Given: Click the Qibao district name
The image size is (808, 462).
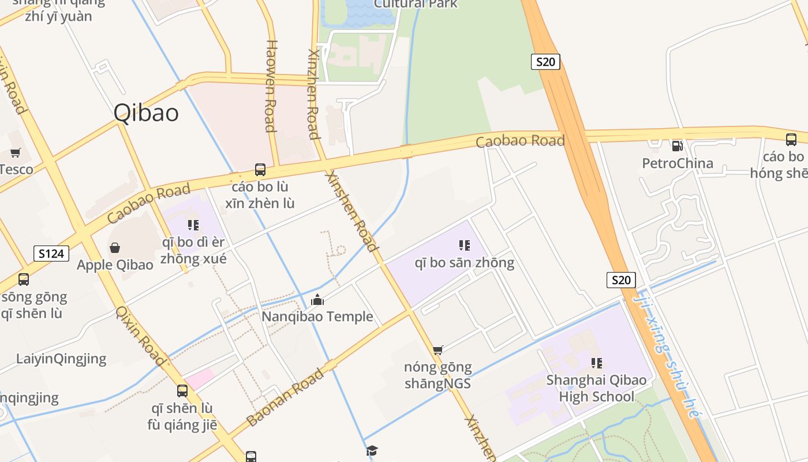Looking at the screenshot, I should (146, 113).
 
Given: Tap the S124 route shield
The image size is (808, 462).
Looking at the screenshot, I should (51, 254).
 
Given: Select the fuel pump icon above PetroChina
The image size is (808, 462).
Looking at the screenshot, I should (677, 146).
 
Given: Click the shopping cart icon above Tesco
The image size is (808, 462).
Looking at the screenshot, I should (16, 153).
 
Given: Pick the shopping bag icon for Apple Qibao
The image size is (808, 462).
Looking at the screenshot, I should (115, 248).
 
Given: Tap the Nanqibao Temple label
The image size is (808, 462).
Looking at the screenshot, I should (317, 316).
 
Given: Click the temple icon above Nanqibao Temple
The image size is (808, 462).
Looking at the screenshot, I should (317, 300).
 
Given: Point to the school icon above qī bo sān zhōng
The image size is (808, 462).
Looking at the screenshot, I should (464, 245).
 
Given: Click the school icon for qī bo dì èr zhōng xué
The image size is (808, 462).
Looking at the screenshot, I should (193, 225).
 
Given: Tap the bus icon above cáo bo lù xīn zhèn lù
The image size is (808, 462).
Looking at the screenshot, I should (260, 170).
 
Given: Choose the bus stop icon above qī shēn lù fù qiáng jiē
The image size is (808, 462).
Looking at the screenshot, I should (182, 390).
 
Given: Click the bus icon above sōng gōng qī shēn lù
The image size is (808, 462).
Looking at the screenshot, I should (24, 280).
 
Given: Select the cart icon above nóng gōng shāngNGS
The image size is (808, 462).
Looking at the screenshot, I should (438, 350).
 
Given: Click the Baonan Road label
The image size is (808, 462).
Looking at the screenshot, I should (285, 398).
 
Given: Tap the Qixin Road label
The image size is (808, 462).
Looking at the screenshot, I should (141, 336).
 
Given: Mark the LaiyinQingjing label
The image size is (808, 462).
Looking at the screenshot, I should (61, 359).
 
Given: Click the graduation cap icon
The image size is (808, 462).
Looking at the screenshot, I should (372, 450).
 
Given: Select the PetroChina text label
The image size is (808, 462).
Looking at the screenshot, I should (678, 163).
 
